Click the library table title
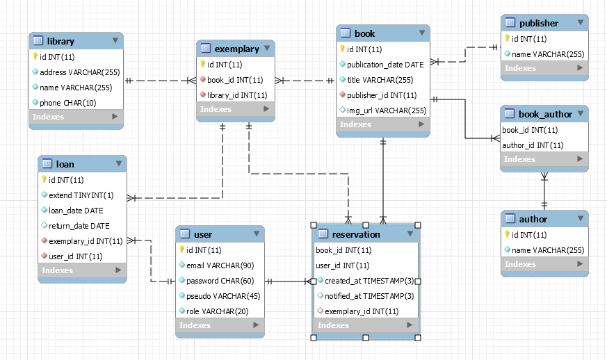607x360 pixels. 61,41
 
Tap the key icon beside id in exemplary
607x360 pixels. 202,64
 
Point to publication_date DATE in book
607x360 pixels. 385,64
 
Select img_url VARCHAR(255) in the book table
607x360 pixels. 387,110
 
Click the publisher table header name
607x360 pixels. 538,23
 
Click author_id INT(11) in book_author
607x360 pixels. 532,145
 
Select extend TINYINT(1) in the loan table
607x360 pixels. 81,195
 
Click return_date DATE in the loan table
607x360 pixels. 79,226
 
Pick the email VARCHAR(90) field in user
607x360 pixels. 219,265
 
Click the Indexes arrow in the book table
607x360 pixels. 421,124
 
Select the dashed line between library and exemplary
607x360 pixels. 159,81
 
